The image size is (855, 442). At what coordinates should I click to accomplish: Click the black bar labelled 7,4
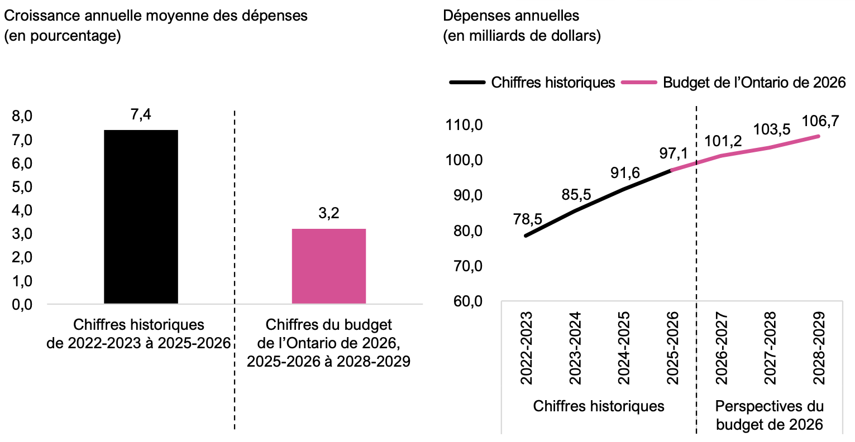pos(141,217)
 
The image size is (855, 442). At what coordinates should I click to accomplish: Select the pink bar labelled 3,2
pos(328,266)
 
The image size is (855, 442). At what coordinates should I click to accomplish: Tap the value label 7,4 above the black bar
pos(141,114)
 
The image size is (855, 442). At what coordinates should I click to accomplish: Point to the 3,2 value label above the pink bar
pos(328,213)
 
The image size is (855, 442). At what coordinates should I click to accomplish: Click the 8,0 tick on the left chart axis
pos(22,116)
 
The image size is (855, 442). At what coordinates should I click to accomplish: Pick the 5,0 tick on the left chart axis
pos(22,187)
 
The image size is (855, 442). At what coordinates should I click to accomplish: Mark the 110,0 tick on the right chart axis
pos(464,124)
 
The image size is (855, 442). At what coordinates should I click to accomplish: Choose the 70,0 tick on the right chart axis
pos(468,266)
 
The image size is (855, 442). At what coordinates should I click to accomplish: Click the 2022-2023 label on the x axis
pos(527,348)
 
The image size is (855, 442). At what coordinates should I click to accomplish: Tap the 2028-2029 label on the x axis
pos(819,348)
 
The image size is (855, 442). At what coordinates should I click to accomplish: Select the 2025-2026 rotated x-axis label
pos(672,348)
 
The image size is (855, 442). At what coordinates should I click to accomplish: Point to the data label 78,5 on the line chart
pos(528,219)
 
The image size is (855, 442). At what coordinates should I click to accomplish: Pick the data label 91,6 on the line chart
pos(625,173)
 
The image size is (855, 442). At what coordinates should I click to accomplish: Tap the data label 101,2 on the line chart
pos(723,141)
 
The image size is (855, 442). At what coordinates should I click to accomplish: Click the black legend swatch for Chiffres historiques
pos(467,83)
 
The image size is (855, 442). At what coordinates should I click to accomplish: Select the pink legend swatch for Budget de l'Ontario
pos(639,83)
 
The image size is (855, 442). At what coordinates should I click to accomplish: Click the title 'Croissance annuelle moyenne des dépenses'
pos(156,16)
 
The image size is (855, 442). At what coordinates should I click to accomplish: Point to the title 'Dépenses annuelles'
pos(511,16)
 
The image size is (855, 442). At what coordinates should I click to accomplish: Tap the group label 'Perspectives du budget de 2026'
pos(769,415)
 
